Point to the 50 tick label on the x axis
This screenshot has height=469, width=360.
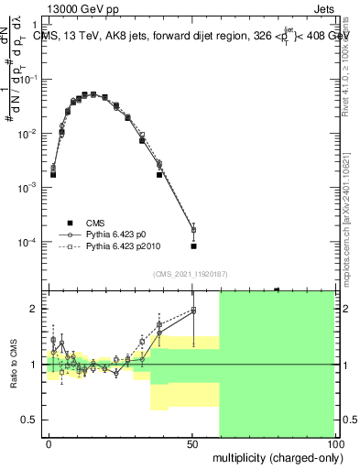pyautogui.click(x=192, y=443)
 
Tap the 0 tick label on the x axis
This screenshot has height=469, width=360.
pyautogui.click(x=49, y=443)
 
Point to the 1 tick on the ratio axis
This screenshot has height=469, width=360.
pyautogui.click(x=38, y=365)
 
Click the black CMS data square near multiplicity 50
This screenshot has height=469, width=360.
pyautogui.click(x=193, y=245)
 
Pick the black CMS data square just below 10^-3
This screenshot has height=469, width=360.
pyautogui.click(x=159, y=174)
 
